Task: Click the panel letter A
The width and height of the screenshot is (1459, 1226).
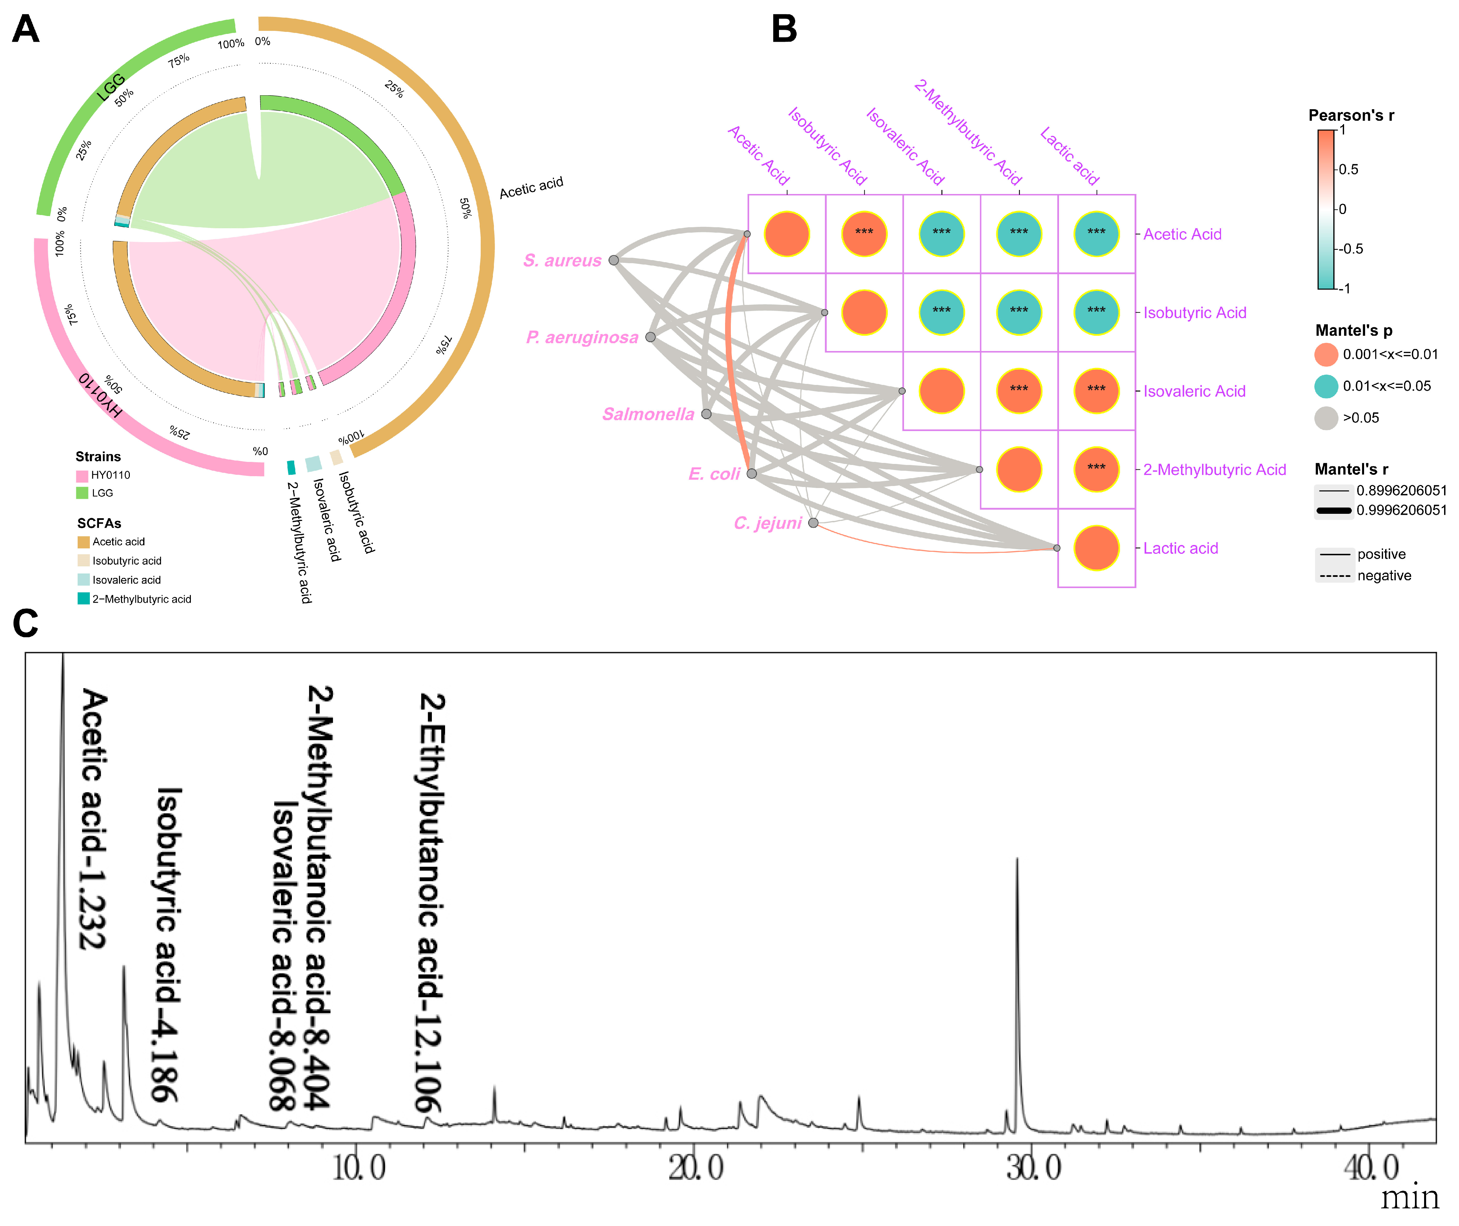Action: coord(26,29)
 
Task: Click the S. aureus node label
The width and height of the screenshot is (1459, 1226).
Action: coord(562,260)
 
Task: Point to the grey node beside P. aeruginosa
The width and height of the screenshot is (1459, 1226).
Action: coord(650,337)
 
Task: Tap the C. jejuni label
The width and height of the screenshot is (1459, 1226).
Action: coord(768,523)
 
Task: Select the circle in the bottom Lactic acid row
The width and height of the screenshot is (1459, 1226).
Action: coord(1096,548)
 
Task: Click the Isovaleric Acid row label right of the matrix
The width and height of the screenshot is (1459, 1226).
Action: coord(1194,391)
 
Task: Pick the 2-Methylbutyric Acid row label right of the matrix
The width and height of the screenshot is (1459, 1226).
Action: coord(1215,470)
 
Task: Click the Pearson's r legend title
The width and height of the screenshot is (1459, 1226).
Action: coord(1351,115)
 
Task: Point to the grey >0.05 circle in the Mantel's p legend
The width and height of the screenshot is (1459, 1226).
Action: coord(1325,418)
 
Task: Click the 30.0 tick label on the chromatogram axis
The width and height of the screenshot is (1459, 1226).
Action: coord(1034,1168)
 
